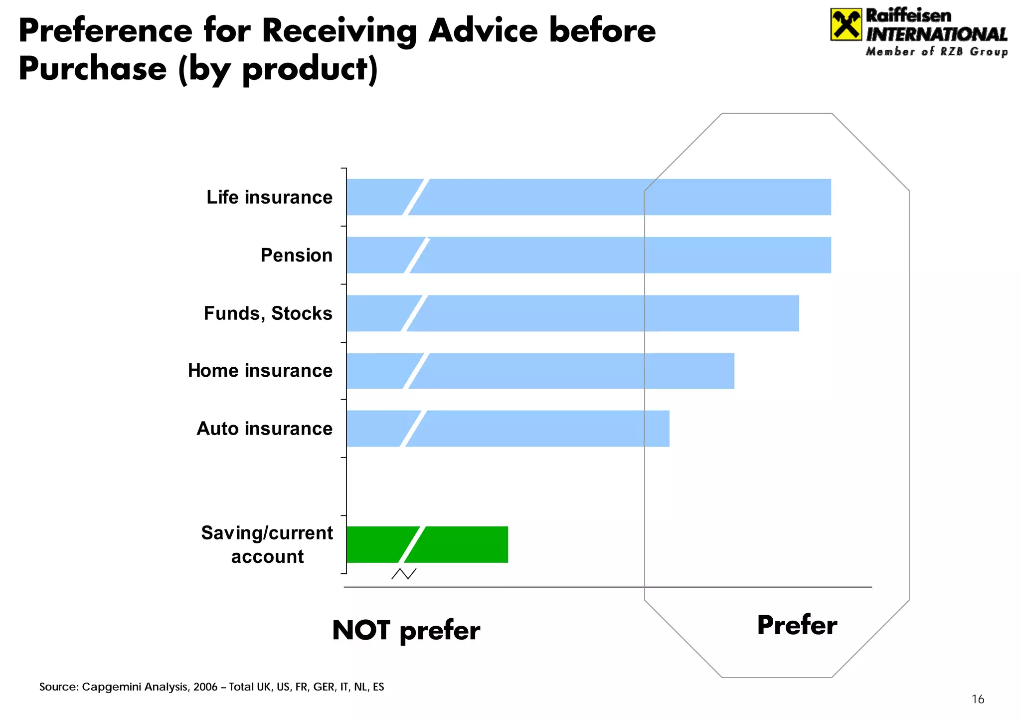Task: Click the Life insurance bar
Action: (x=588, y=197)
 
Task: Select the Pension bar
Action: (x=588, y=255)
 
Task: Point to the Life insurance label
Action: (x=269, y=198)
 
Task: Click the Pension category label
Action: (x=296, y=255)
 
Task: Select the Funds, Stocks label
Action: (x=268, y=313)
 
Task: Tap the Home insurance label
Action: (x=260, y=371)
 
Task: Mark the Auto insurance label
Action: (x=264, y=429)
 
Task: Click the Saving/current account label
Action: (x=267, y=544)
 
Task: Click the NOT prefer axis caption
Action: (x=406, y=630)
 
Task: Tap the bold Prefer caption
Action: (x=797, y=625)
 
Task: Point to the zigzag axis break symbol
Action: (x=404, y=574)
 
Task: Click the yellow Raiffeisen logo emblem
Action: (x=846, y=24)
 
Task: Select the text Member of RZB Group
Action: (x=936, y=52)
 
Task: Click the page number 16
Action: (x=978, y=700)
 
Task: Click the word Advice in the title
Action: (x=483, y=31)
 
